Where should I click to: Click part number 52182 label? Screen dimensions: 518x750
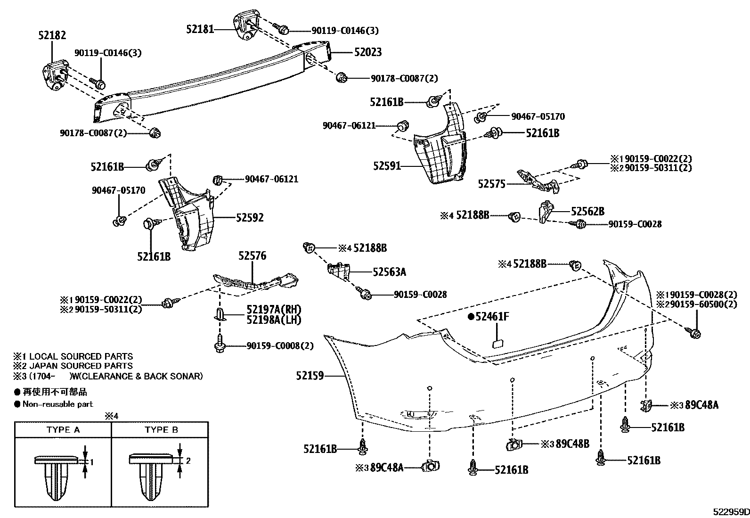click(52, 35)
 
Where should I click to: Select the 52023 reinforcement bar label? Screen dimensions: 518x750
click(367, 52)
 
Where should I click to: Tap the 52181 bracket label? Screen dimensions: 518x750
click(200, 29)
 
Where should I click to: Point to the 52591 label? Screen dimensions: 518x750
click(387, 166)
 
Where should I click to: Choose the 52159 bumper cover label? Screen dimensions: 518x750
click(310, 376)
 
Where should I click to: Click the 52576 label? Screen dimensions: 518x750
click(252, 256)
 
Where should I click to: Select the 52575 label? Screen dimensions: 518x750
click(491, 184)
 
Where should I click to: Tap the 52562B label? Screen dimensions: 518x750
click(587, 212)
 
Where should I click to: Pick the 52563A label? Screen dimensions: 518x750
click(389, 272)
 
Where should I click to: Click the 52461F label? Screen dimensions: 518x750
click(492, 317)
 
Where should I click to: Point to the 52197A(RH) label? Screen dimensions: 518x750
click(274, 310)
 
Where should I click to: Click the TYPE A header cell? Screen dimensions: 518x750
click(63, 430)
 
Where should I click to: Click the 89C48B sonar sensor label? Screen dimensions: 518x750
click(572, 444)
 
